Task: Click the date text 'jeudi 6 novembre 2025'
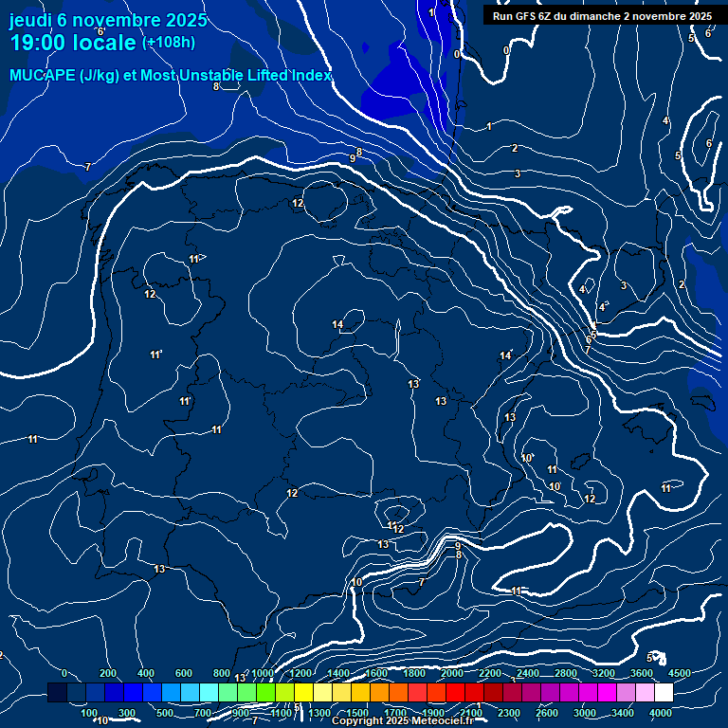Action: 98,20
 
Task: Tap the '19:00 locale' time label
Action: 73,43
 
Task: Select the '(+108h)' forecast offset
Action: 169,43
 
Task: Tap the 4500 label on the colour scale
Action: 680,673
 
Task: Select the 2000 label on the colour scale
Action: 452,673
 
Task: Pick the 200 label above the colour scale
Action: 108,673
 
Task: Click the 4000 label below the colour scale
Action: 661,713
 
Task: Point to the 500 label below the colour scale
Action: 165,713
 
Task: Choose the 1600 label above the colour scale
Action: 376,673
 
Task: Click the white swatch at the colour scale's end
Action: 664,693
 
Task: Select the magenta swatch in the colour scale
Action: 607,693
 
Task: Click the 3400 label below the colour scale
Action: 623,713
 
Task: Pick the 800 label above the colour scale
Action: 222,673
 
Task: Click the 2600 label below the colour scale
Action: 547,713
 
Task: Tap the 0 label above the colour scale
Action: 64,673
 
